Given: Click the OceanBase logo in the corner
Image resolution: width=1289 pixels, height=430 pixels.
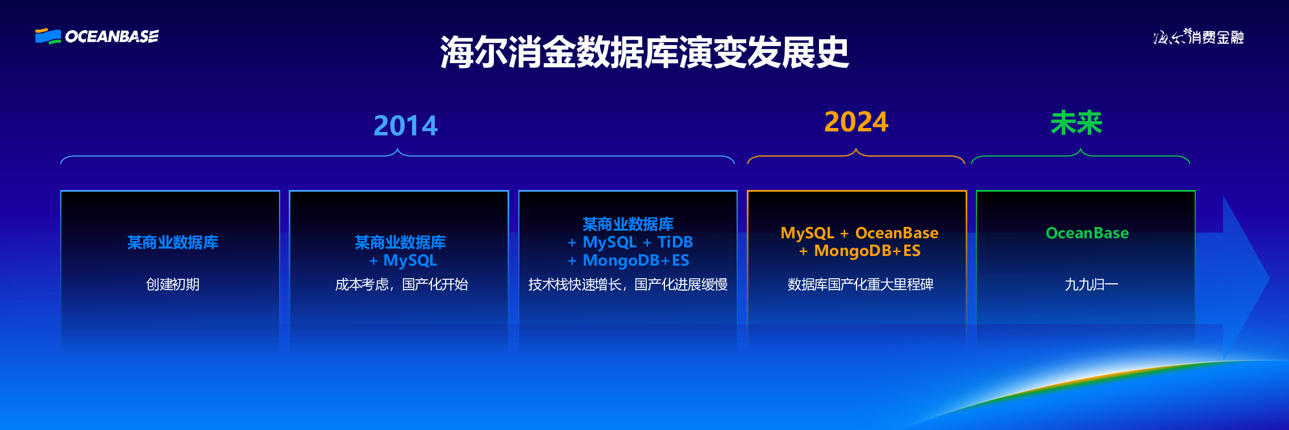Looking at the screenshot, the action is [97, 36].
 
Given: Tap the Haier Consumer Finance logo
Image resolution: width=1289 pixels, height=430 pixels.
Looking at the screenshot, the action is [1199, 37].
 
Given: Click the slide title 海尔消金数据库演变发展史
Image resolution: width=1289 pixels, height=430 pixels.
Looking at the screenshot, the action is [644, 52].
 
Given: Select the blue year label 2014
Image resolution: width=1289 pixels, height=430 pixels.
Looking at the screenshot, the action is [406, 126].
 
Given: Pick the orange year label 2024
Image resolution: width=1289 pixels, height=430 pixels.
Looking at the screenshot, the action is [856, 122].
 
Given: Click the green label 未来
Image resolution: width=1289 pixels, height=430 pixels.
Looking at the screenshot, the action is [1076, 123].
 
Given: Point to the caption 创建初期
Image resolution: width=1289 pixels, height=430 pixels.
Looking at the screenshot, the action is [173, 284].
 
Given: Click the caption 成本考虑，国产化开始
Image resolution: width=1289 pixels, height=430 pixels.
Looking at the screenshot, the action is [401, 284].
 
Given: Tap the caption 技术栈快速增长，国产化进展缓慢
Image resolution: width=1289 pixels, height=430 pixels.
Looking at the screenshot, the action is [628, 284].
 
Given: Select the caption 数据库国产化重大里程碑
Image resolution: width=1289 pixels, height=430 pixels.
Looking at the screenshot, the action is [860, 284].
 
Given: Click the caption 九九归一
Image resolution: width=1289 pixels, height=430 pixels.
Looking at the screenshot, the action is [1091, 284].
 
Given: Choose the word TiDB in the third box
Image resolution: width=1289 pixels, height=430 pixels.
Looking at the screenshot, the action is [675, 242].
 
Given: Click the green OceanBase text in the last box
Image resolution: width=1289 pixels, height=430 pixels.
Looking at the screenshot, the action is [1087, 233].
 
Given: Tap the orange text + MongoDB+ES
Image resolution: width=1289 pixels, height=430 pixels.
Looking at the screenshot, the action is [859, 251].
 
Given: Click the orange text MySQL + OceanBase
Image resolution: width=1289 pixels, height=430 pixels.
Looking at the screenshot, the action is [859, 233].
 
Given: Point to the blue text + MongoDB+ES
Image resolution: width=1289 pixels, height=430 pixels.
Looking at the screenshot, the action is [628, 261].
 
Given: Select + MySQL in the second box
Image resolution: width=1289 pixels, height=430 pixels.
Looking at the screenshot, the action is [403, 261].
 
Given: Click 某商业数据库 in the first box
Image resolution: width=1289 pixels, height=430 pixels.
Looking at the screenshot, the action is [173, 242].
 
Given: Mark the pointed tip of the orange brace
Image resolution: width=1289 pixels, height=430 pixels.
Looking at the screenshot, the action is [856, 148].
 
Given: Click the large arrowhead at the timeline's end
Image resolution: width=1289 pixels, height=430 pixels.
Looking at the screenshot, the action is [1245, 279].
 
